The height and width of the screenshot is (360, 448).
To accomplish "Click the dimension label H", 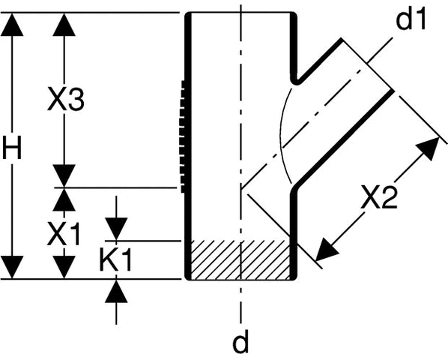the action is (x=12, y=148).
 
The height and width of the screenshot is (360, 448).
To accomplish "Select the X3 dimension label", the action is (x=66, y=99).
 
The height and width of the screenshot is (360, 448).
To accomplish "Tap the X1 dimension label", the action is (x=64, y=234).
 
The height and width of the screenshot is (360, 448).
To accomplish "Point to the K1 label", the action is (x=115, y=259).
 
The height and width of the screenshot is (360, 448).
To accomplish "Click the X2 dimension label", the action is (x=379, y=196).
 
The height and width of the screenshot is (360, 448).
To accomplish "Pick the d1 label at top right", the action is (x=411, y=19).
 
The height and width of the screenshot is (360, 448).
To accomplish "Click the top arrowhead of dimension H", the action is (x=12, y=24).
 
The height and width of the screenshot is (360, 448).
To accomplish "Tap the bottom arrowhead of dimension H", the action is (x=12, y=267).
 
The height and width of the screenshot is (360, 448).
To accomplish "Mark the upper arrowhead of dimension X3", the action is (x=64, y=24).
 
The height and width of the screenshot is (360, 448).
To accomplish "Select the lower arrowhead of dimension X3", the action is (x=64, y=176).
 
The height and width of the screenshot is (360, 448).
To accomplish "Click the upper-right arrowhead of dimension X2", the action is (x=428, y=148).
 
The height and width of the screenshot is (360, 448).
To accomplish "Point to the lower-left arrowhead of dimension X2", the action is (x=327, y=249).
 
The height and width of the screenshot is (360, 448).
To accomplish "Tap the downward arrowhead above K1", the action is (x=116, y=229).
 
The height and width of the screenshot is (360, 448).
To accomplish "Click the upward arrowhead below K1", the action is (x=116, y=291).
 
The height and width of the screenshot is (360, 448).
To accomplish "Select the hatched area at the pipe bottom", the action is (x=240, y=259).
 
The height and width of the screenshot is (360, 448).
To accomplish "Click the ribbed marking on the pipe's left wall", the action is (x=183, y=136).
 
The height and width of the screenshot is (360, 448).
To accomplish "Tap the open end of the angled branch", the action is (x=367, y=64).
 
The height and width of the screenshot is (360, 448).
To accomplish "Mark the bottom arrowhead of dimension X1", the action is (x=64, y=267).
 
